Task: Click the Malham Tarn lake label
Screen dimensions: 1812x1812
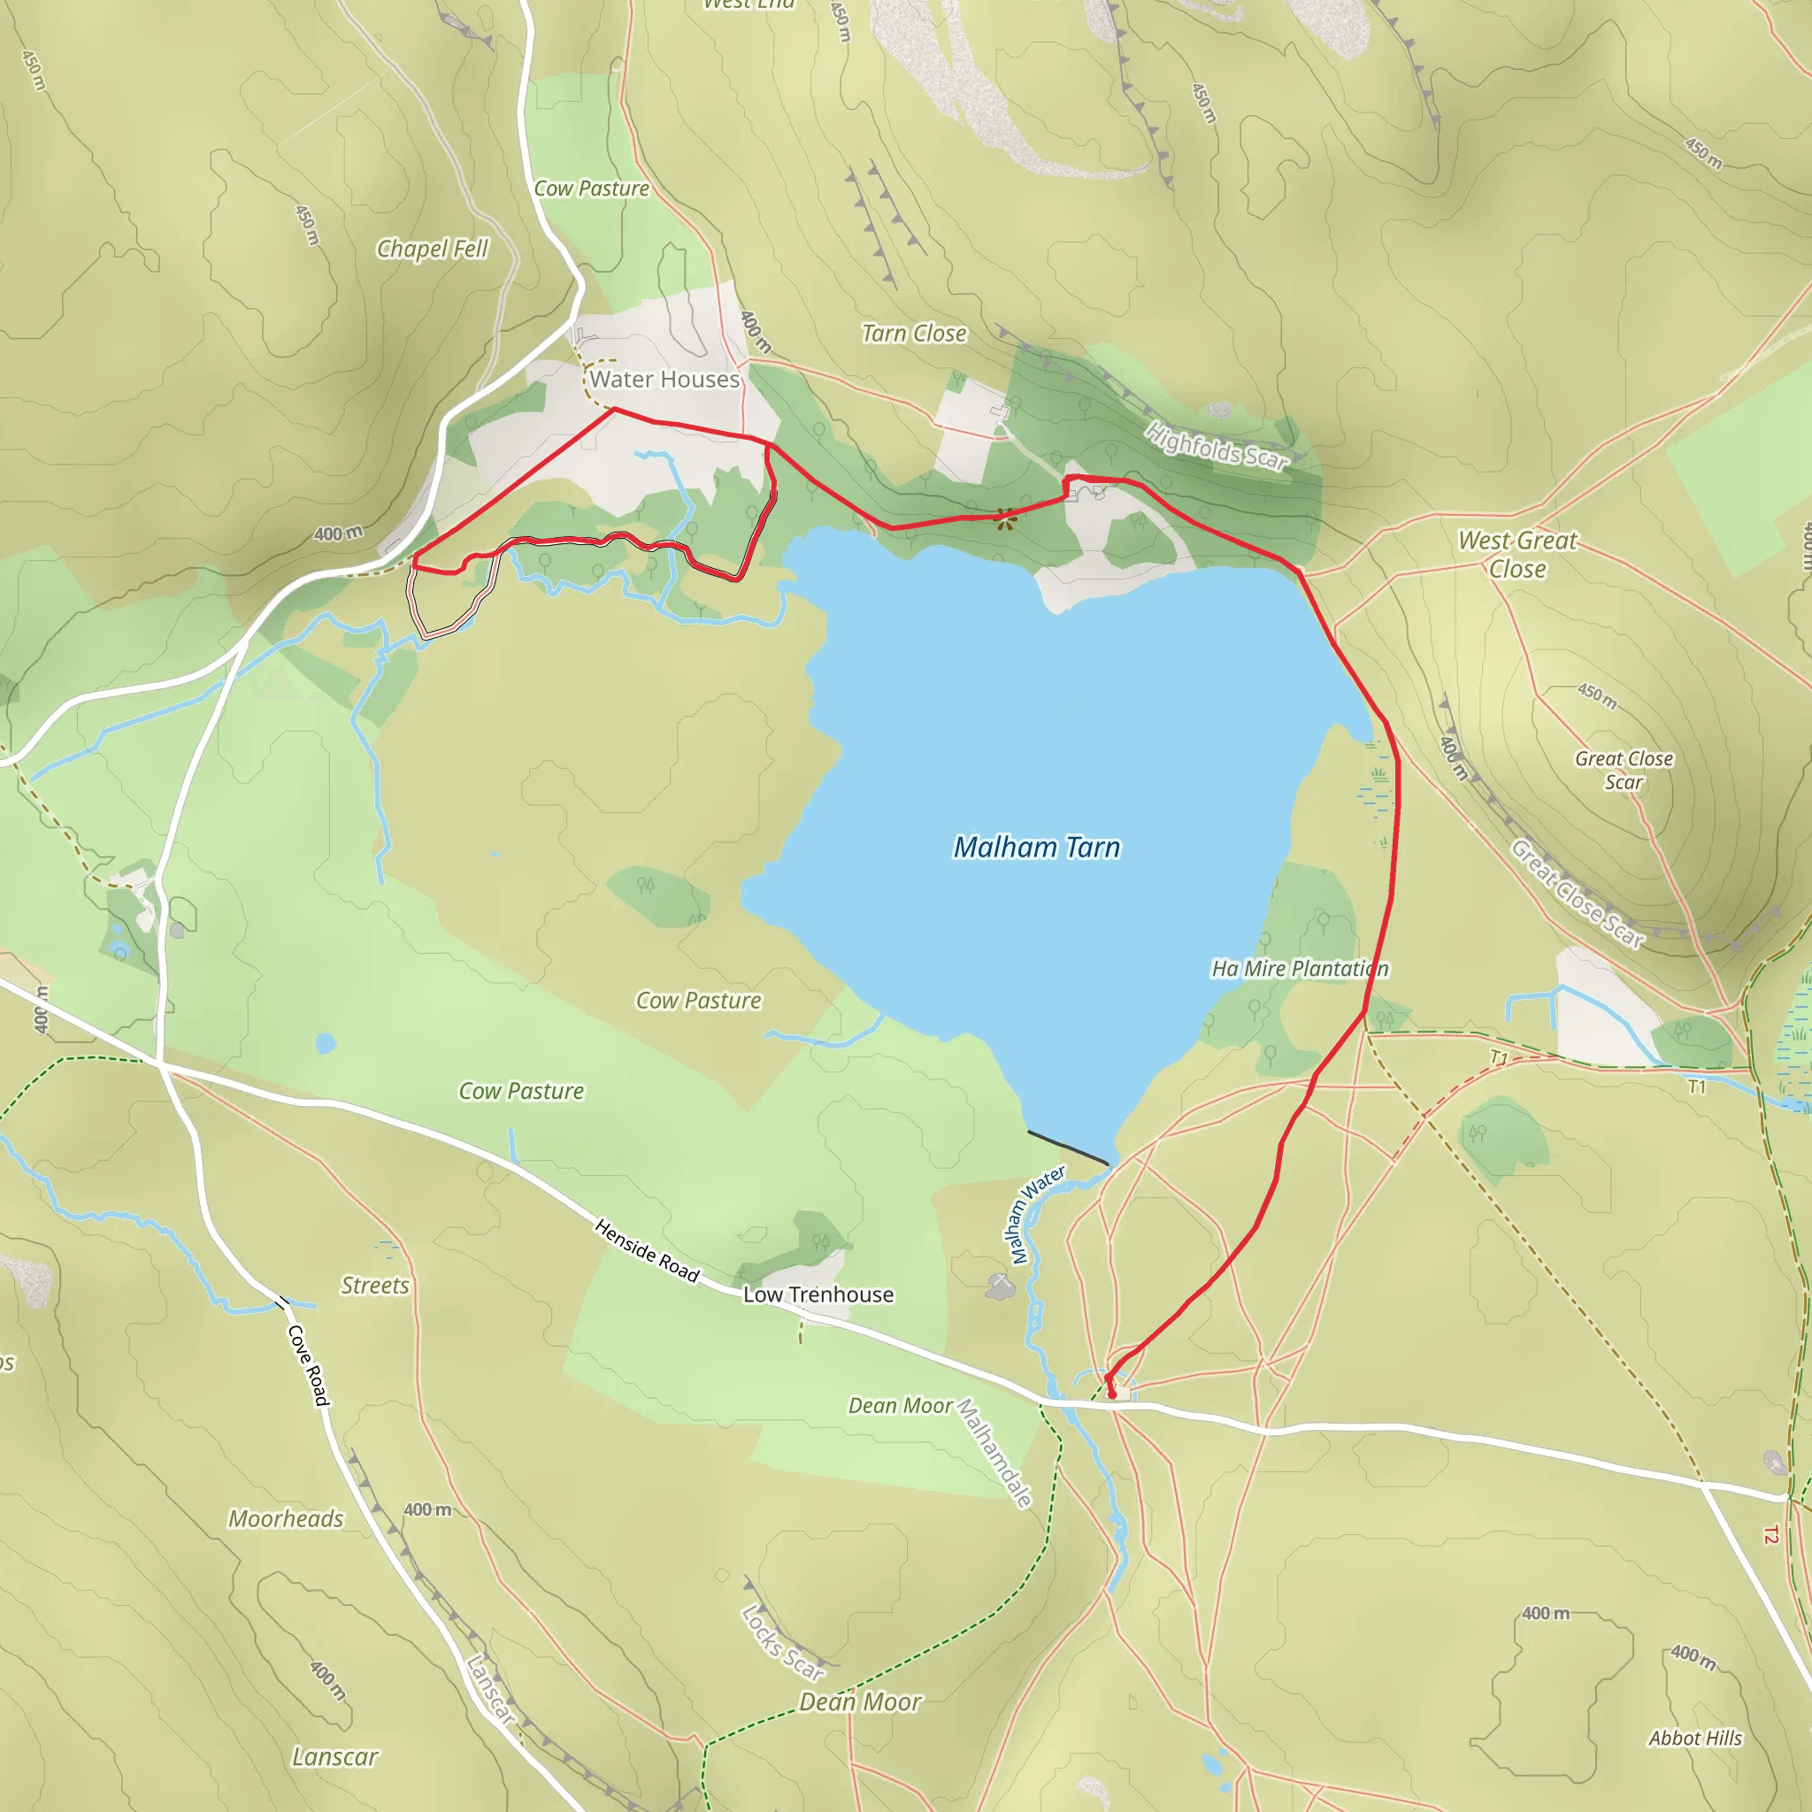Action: click(x=1036, y=848)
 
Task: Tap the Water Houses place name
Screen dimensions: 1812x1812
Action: click(x=664, y=380)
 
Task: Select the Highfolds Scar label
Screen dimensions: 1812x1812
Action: click(x=1217, y=446)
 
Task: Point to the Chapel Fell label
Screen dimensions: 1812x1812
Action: click(x=433, y=249)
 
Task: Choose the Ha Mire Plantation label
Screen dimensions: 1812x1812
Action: click(x=1299, y=969)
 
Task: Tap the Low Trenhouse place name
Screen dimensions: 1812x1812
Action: click(x=818, y=1295)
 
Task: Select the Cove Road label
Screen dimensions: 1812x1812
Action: click(x=309, y=1364)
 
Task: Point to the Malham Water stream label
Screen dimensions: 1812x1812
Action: click(x=1034, y=1215)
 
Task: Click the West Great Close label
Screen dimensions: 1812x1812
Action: click(x=1516, y=554)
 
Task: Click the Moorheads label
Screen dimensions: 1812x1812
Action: click(x=286, y=1519)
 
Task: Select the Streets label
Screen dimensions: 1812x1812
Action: click(x=374, y=1286)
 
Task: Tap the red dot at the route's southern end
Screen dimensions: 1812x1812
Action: click(x=1112, y=1394)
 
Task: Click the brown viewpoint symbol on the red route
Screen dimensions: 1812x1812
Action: click(x=1004, y=517)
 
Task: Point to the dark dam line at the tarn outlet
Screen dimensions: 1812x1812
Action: click(x=1067, y=1148)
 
